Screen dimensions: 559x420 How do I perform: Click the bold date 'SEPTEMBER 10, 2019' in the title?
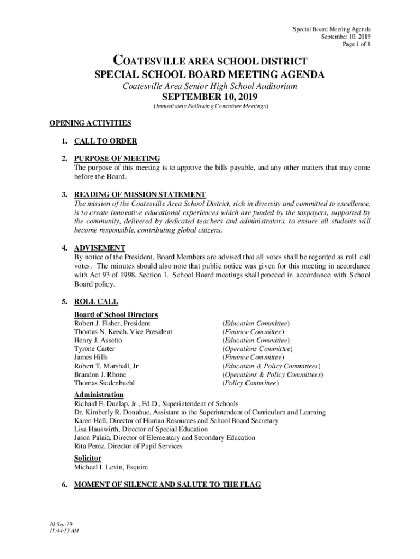(x=209, y=98)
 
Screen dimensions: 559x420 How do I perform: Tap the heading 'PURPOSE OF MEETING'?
(x=117, y=159)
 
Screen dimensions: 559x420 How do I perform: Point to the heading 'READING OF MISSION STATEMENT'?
(x=140, y=194)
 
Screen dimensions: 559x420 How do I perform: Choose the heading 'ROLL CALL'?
(x=96, y=301)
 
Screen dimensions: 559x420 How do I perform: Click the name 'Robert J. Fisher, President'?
(x=112, y=323)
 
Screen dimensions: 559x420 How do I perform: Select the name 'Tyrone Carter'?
(x=94, y=349)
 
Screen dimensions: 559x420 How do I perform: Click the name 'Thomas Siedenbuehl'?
(x=104, y=383)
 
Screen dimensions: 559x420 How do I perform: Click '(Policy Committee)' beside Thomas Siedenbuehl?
(x=250, y=383)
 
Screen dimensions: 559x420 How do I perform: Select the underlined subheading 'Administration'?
(x=99, y=395)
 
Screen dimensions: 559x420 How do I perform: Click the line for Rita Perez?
(x=128, y=447)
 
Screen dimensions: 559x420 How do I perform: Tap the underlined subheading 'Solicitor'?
(x=87, y=458)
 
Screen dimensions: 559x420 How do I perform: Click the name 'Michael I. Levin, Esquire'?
(x=111, y=467)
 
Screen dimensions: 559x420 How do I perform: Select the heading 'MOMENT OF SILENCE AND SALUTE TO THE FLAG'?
(x=167, y=485)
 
